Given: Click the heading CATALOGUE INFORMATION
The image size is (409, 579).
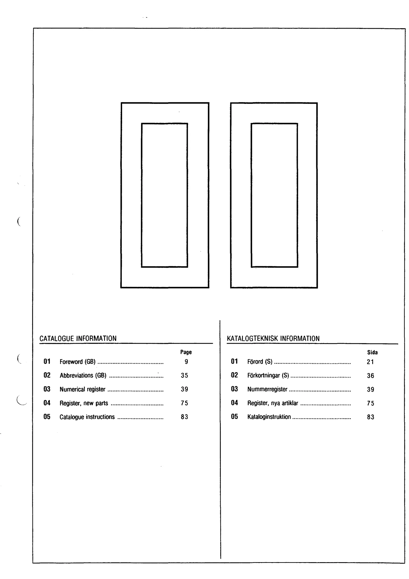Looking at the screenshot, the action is [x=78, y=338].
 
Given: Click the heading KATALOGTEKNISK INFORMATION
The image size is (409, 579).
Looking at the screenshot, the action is [x=273, y=338].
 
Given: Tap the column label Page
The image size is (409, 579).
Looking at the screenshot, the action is [x=186, y=352].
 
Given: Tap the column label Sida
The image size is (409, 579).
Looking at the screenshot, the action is [x=372, y=352].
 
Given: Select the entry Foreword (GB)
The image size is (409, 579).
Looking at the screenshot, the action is [x=77, y=362].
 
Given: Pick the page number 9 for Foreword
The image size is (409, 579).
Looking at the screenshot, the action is [x=186, y=362].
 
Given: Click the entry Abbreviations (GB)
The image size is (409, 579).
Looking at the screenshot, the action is [x=83, y=375].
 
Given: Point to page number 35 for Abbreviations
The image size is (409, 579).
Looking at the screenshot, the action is [x=184, y=375].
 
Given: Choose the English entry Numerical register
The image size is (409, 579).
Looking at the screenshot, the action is [x=82, y=389].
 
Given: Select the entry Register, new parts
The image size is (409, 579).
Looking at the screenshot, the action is [x=84, y=403].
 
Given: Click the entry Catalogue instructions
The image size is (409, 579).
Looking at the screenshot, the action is [x=87, y=417].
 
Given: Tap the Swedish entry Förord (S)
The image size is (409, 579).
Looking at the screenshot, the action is [x=260, y=362].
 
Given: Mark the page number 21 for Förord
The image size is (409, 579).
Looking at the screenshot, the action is [x=370, y=362].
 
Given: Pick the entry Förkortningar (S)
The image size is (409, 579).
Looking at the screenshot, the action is [x=268, y=375].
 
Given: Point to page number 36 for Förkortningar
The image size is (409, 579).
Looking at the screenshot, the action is [x=370, y=376].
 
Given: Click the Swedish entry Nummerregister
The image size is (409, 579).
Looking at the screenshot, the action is [x=267, y=389].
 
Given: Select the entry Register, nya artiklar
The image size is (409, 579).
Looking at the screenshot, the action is [x=273, y=403].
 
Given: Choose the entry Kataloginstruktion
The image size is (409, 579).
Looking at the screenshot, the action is [x=269, y=417].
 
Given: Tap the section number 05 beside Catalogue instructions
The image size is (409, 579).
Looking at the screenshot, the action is [x=47, y=417].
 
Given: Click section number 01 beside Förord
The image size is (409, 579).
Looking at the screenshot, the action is [x=234, y=361].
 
